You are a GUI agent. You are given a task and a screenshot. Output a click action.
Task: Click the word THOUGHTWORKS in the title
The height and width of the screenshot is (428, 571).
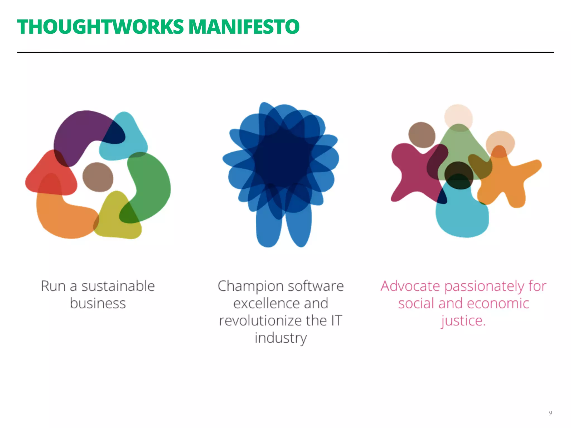click(100, 27)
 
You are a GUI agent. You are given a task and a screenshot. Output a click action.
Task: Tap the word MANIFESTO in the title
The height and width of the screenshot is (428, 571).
click(244, 27)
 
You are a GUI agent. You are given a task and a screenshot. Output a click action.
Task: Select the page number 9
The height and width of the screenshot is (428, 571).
click(550, 413)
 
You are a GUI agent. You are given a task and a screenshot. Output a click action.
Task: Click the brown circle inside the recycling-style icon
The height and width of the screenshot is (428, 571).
click(98, 177)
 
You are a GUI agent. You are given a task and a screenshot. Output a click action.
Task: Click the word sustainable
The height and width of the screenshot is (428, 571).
click(118, 286)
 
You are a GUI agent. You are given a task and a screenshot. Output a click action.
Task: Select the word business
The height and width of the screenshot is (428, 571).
click(98, 303)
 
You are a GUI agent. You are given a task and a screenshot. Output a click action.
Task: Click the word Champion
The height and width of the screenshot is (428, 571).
click(250, 286)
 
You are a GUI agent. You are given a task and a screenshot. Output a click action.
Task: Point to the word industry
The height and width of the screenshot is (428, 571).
click(280, 338)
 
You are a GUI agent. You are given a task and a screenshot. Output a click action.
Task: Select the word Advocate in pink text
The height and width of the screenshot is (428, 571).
click(410, 286)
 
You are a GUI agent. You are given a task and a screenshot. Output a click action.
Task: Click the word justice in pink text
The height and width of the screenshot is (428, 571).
click(461, 321)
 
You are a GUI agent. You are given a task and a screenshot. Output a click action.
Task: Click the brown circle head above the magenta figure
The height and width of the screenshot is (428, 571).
click(422, 135)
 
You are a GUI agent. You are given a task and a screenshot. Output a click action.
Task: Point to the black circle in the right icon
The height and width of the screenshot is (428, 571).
click(459, 175)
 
